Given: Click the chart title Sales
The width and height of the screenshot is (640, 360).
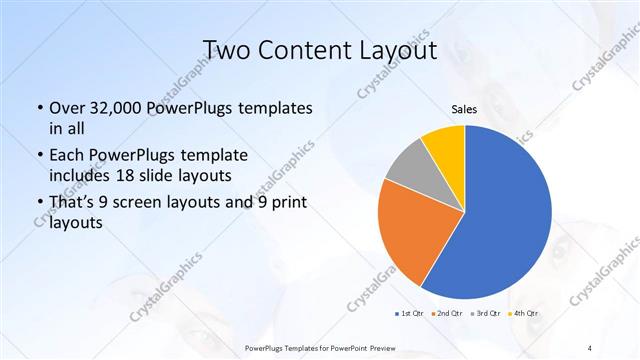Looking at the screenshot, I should pyautogui.click(x=464, y=110).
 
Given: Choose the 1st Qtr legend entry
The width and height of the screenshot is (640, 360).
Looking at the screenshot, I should pyautogui.click(x=408, y=314).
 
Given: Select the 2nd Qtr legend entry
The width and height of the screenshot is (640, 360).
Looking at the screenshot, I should pyautogui.click(x=446, y=314).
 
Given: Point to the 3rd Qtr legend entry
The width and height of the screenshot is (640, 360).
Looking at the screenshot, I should pyautogui.click(x=487, y=314).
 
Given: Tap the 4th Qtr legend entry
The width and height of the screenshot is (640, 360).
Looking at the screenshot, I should pyautogui.click(x=526, y=314).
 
